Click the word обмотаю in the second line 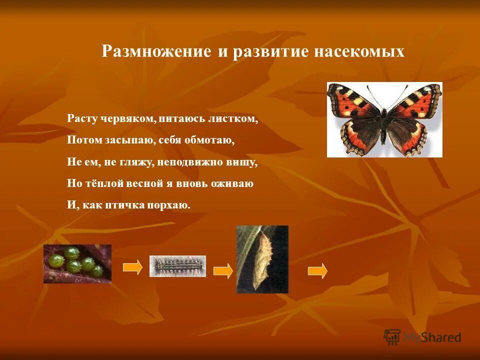point(210,140)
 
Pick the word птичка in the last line point(124,205)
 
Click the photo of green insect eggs point(77,263)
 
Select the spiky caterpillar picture point(177,266)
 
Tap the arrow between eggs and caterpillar point(132,267)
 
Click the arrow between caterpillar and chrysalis point(223,270)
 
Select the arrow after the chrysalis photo point(317,270)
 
